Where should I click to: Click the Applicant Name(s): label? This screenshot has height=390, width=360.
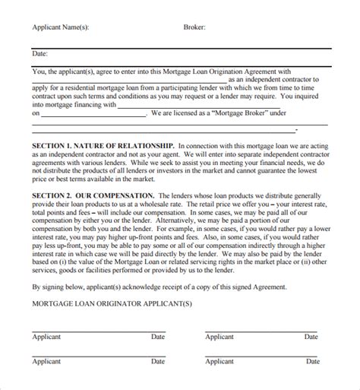point(60,27)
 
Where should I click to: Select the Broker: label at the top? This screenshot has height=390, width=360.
point(194,27)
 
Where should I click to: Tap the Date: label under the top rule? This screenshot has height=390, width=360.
point(39,54)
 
